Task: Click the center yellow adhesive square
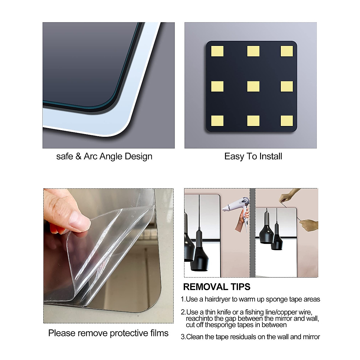coord(253,86)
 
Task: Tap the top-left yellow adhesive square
coord(217,51)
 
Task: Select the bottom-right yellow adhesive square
coord(286,121)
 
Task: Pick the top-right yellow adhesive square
coord(286,51)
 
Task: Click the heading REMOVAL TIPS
coord(217,287)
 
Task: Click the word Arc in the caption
coord(90,156)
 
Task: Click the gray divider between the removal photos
coord(252,232)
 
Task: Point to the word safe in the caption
coord(64,156)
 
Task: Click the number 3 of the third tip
coord(182,337)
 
